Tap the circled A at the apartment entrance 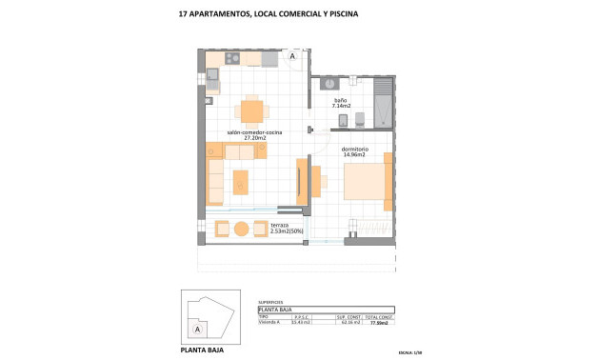coord(292,57)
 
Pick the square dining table coord(250,111)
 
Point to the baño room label coord(340,100)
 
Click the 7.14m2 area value coord(341,107)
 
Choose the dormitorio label coord(355,148)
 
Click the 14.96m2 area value coord(355,154)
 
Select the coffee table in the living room coord(241,181)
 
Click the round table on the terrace coord(242,229)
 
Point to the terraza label coord(280,224)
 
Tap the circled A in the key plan coord(197,329)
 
